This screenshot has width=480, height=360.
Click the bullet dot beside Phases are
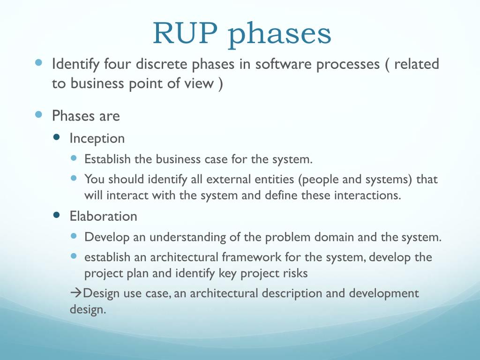[39, 114]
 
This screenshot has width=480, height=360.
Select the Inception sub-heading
[97, 139]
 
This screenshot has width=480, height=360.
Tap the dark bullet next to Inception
[57, 137]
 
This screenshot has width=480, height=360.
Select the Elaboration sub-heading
[103, 216]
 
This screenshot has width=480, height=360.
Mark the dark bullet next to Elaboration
[57, 215]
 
